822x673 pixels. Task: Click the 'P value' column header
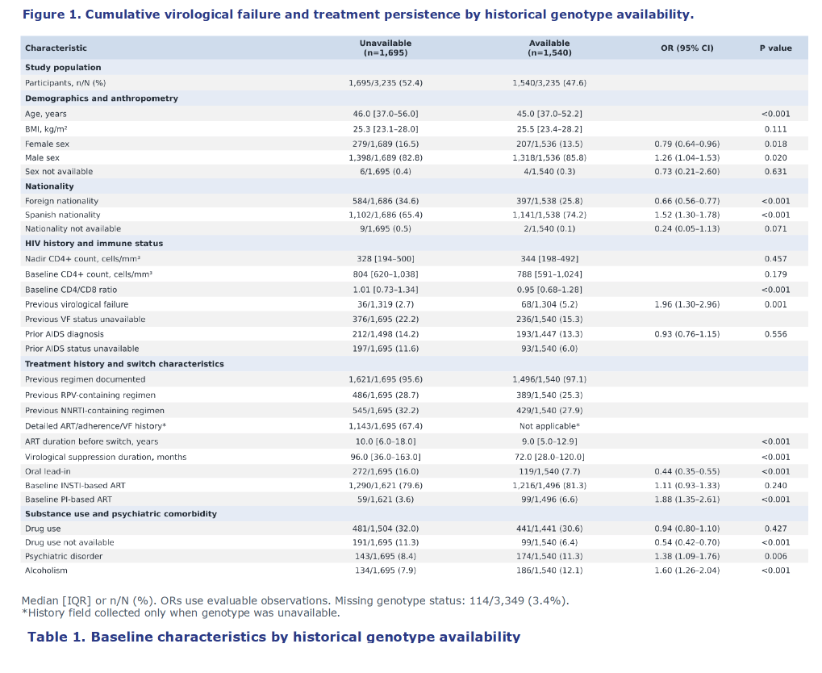tap(775, 48)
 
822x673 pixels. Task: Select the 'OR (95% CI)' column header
tap(686, 48)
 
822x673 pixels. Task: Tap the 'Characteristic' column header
tap(56, 48)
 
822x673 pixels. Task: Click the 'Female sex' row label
tap(47, 144)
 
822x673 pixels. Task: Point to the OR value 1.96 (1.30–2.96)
tap(686, 304)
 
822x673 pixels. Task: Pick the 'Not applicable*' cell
tap(549, 426)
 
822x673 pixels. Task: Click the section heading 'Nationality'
tap(49, 186)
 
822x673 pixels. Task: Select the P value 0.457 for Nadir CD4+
tap(775, 258)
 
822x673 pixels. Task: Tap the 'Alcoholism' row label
tap(46, 571)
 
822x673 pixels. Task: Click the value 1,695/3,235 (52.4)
tap(386, 83)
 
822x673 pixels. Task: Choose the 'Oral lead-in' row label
tap(48, 471)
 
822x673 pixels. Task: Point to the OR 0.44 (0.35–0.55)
tap(686, 471)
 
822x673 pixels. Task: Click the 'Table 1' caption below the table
tap(274, 637)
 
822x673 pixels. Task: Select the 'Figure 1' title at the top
tap(358, 15)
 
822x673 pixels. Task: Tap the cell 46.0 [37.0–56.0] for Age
tap(386, 114)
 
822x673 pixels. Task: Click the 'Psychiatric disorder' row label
tap(64, 556)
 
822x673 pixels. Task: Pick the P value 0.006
tap(775, 556)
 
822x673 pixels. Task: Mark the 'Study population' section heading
tap(63, 67)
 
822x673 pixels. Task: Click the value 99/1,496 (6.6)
tap(549, 500)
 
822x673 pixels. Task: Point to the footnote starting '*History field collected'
tap(181, 612)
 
